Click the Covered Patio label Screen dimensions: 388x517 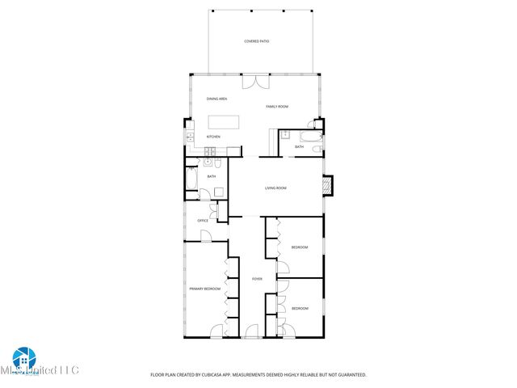coord(257,41)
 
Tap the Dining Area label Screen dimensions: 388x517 coord(216,99)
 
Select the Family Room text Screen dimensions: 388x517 coord(278,107)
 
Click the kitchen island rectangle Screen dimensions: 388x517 coord(225,122)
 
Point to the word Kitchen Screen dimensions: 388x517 coord(213,137)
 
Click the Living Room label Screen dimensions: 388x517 coord(276,188)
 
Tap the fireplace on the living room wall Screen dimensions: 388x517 coord(326,185)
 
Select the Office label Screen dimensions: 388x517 coord(203,221)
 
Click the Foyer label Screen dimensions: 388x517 coord(257,279)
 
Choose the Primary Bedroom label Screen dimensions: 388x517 coord(204,289)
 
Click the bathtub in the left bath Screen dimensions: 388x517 coord(191,178)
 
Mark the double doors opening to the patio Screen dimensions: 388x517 coord(255,82)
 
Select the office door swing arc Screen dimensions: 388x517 coord(206,235)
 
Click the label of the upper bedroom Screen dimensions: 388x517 coord(299,247)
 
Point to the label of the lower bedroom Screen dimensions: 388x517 coord(299,308)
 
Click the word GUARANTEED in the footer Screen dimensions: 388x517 coord(350,375)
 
